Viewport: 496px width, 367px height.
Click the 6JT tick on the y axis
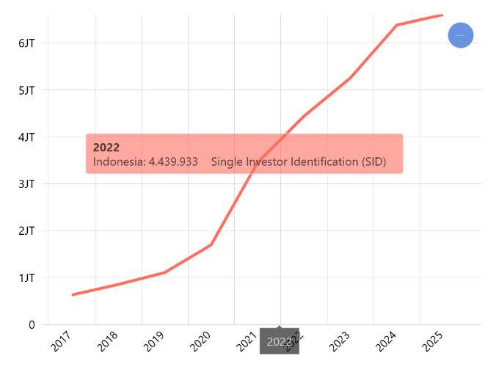(x=26, y=43)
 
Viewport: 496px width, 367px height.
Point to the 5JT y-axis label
(x=26, y=90)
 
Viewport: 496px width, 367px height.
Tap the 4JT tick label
(x=26, y=137)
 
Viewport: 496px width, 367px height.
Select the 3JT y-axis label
(x=26, y=184)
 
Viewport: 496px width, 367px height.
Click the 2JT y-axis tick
(x=26, y=231)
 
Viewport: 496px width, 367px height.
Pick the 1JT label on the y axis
(x=26, y=278)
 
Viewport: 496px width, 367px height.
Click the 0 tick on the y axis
(x=32, y=324)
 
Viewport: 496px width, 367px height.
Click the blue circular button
(x=461, y=35)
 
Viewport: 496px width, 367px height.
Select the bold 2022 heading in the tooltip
(x=106, y=148)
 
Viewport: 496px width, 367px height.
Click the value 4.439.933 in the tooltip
(x=173, y=161)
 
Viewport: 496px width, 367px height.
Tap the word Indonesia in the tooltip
(x=119, y=161)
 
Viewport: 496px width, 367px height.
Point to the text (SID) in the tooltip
(x=373, y=161)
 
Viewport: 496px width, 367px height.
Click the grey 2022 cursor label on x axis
(x=280, y=341)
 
